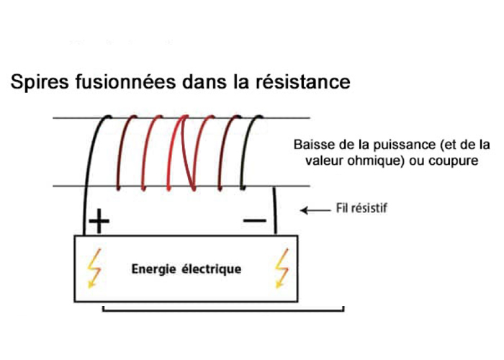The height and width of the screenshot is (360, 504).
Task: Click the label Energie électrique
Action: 186,270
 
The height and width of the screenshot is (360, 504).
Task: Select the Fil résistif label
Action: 363,210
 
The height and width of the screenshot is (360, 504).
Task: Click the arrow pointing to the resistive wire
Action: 314,210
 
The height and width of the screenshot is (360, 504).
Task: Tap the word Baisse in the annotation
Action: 311,143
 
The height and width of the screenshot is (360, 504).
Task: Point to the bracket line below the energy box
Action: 223,310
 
